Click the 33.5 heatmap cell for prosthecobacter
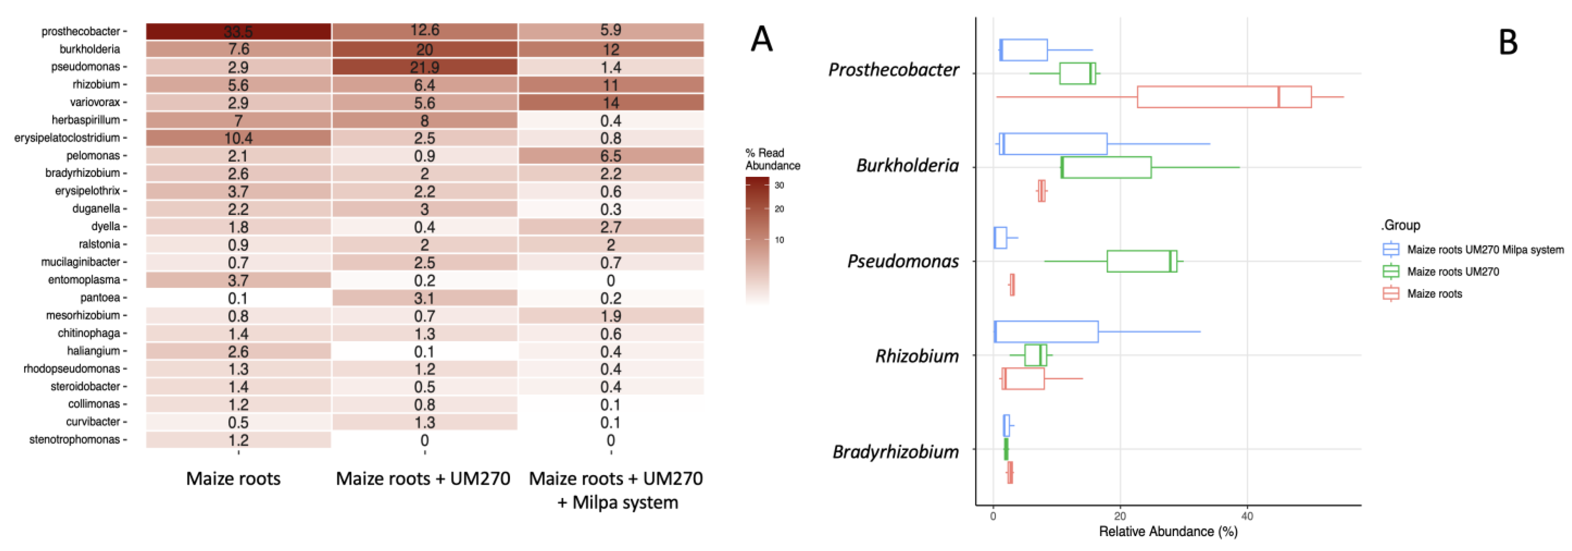coord(238,31)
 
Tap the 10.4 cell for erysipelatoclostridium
coord(238,138)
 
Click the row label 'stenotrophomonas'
coord(75,440)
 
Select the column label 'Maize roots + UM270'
coord(423,478)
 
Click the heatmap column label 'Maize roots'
coord(233,478)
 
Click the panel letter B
coord(1508,43)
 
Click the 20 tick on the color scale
coord(779,209)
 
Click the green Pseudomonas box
coord(1141,261)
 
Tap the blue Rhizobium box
coord(1046,332)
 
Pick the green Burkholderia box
coord(1106,167)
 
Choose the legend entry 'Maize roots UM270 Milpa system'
coord(1485,250)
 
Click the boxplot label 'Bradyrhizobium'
coord(895,452)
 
